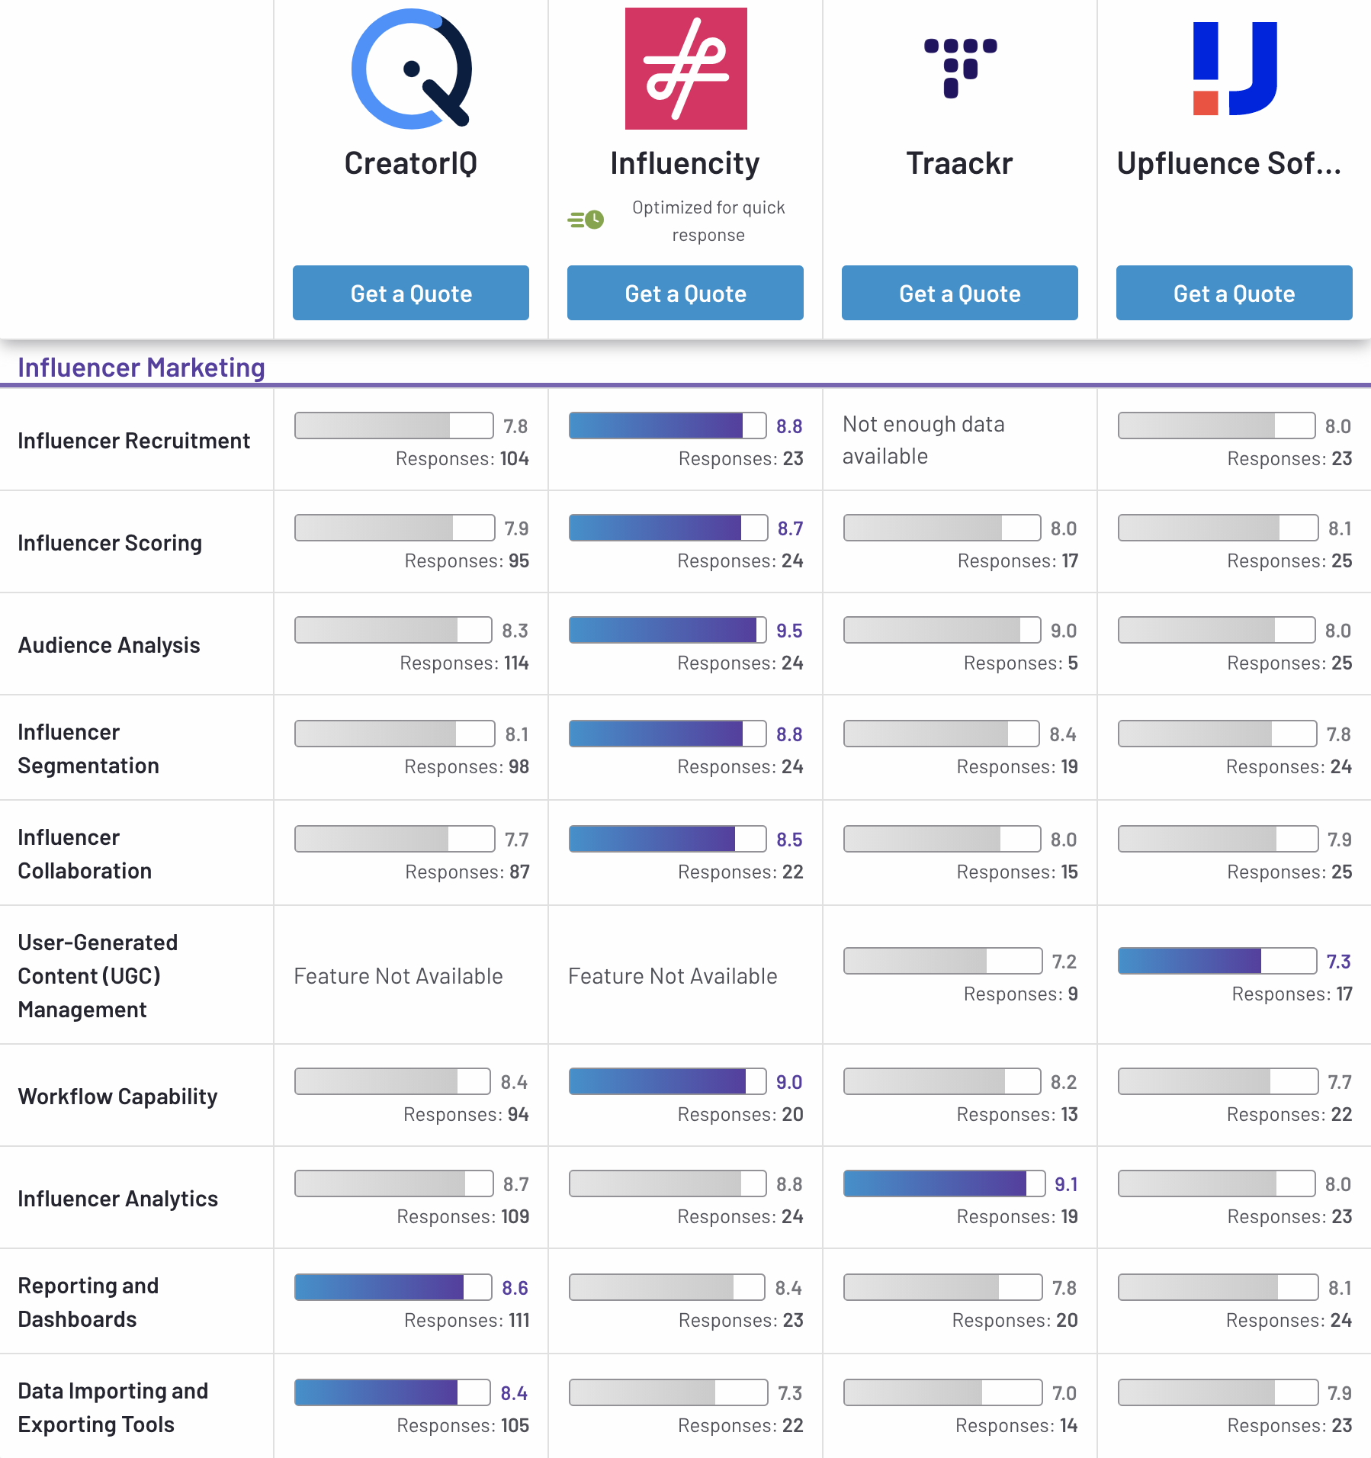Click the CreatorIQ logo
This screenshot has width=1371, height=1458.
coord(412,69)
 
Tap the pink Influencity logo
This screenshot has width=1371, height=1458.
coord(685,69)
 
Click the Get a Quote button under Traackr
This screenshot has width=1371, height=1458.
coord(959,293)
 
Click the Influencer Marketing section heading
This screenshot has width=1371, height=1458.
coord(141,368)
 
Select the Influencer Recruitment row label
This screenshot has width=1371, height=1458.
coord(133,441)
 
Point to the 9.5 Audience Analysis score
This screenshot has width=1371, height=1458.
coord(789,631)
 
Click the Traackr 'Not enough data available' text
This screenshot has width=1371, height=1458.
coord(923,440)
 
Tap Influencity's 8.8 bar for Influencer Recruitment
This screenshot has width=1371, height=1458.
coord(667,426)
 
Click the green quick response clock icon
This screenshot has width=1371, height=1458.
coord(586,220)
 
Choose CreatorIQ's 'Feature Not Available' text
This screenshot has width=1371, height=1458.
coord(398,976)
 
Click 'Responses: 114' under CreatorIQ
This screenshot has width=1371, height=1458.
coord(464,663)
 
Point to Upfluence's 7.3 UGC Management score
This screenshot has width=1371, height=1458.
coord(1338,962)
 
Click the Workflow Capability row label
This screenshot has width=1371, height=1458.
coord(117,1097)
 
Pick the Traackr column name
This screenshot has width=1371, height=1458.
coord(959,163)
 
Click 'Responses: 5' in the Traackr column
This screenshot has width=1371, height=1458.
coord(1020,663)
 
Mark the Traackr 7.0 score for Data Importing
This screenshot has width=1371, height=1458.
coord(1064,1393)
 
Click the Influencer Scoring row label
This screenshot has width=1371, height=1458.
coord(110,543)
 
